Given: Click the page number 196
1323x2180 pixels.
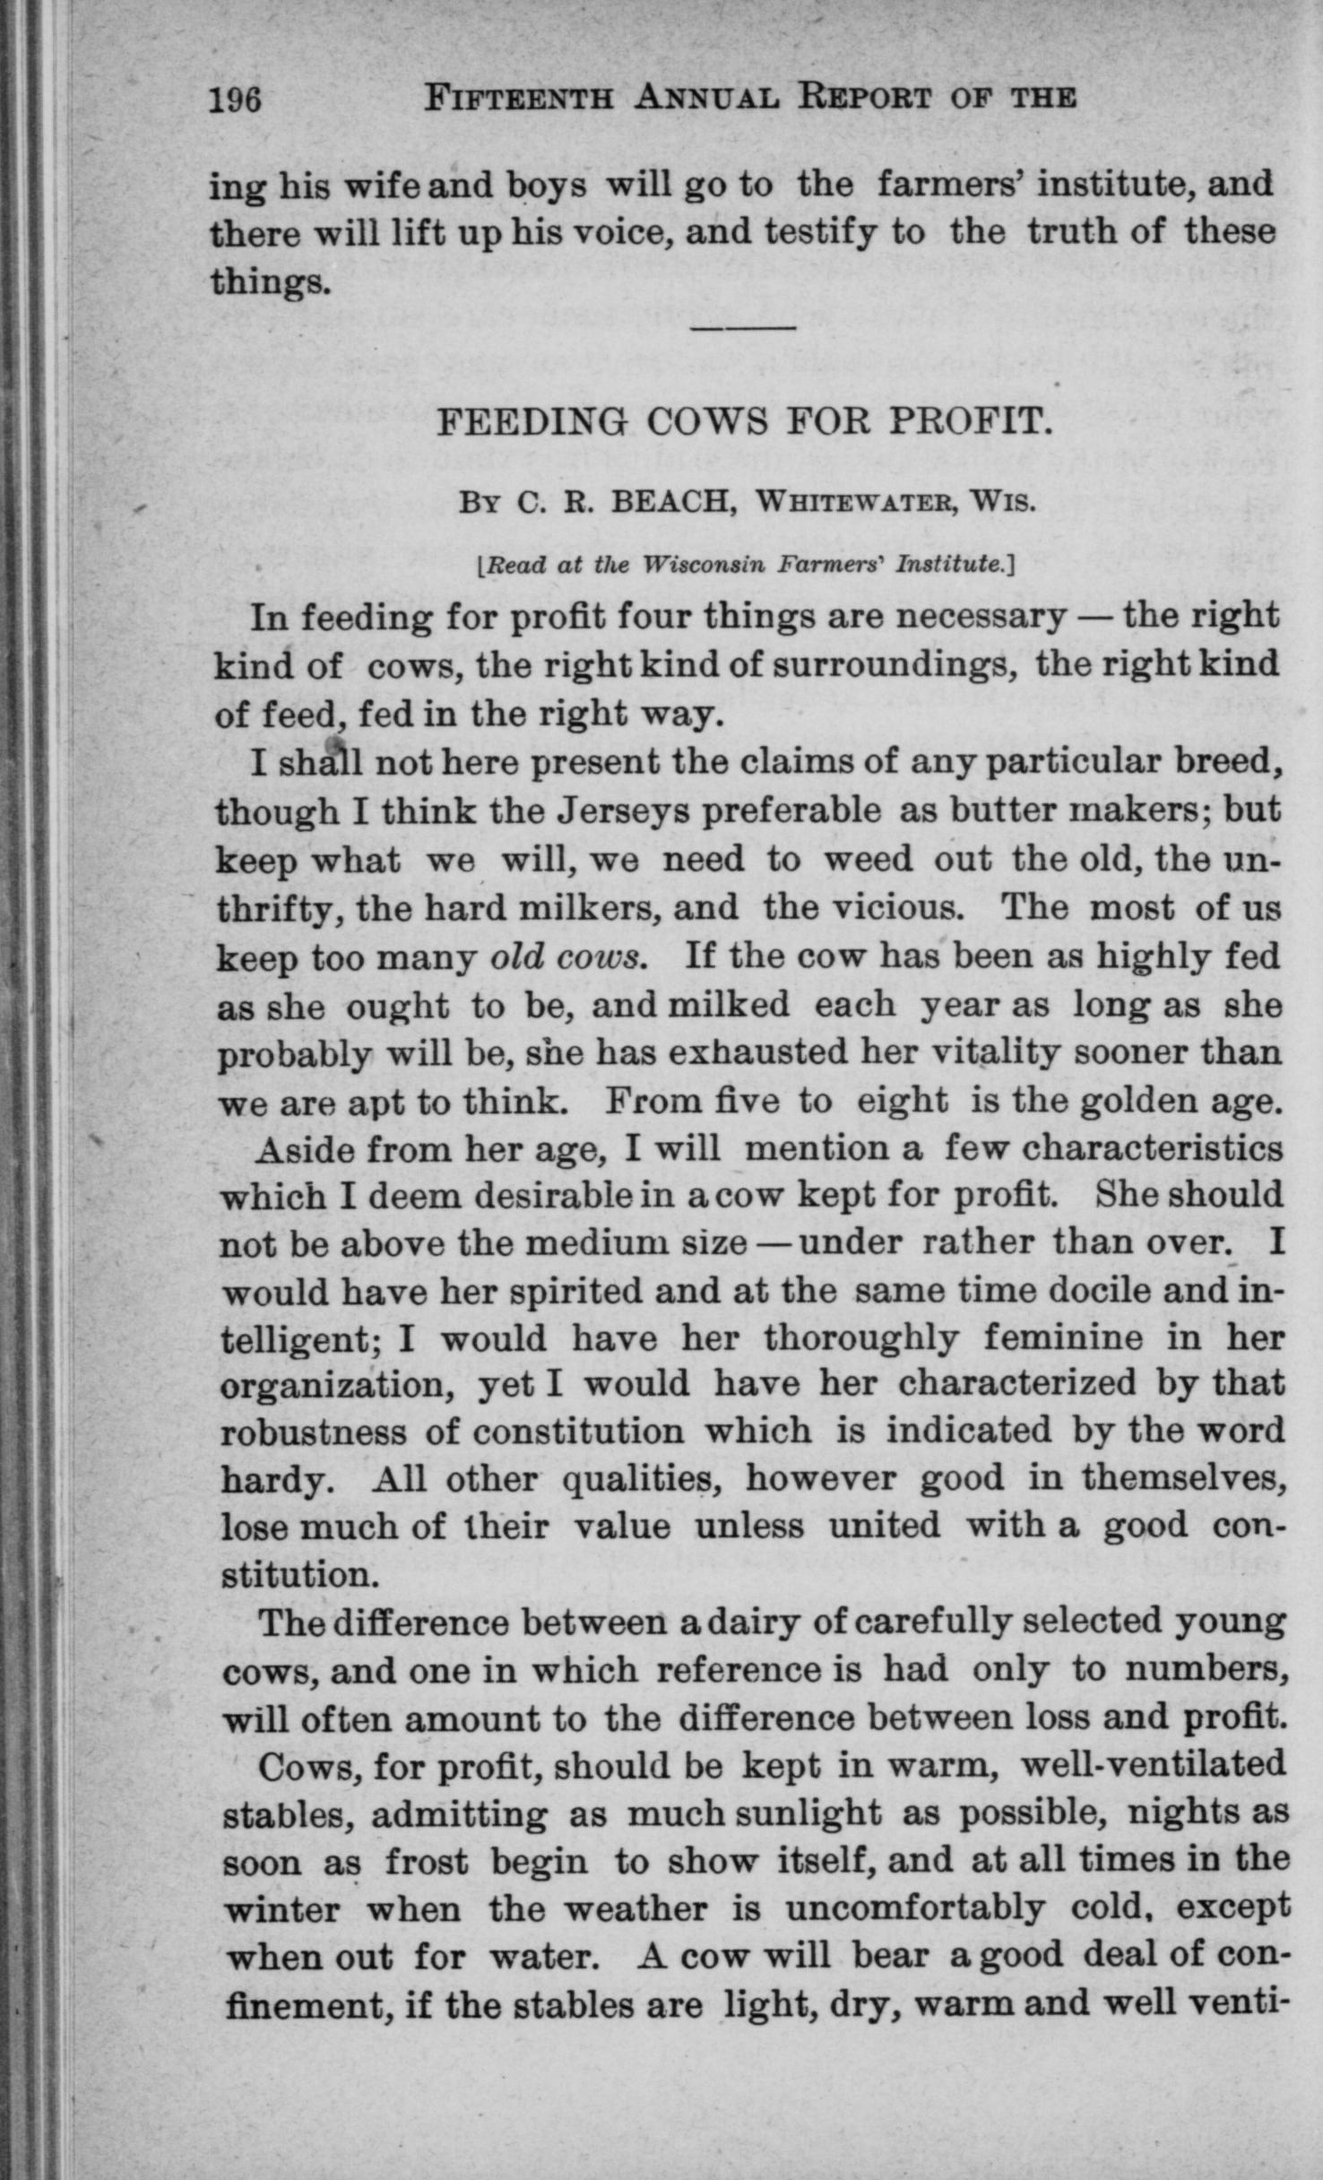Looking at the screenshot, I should pyautogui.click(x=235, y=98).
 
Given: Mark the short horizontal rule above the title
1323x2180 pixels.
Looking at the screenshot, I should pyautogui.click(x=743, y=327).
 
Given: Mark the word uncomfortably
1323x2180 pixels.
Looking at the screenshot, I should pyautogui.click(x=915, y=1909).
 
